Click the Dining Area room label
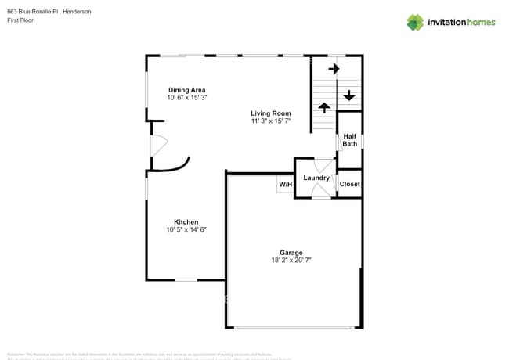[x=186, y=90]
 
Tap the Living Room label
[x=270, y=113]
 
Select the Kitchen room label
[x=186, y=222]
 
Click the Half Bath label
[x=350, y=140]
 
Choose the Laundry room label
[x=316, y=178]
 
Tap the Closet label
[x=349, y=184]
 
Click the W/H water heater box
[x=285, y=185]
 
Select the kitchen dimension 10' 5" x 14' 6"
[x=186, y=230]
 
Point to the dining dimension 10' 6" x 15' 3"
[x=186, y=98]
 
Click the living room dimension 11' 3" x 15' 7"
[x=270, y=121]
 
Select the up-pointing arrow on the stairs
[x=324, y=106]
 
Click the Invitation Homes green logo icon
[x=415, y=22]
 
